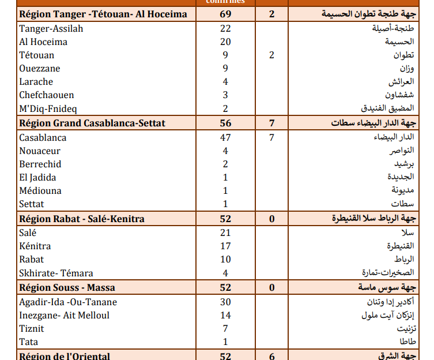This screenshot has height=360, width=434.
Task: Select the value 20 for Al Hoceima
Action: (x=225, y=42)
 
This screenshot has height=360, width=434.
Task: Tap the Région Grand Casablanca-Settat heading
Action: (x=92, y=123)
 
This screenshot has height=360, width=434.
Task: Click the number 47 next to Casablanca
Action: (x=225, y=137)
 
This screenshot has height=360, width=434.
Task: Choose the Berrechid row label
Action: (x=40, y=164)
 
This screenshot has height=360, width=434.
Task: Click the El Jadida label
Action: (x=37, y=177)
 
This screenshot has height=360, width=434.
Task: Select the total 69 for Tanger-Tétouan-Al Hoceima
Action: (x=225, y=14)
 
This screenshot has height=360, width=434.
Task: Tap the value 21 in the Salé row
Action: (x=225, y=232)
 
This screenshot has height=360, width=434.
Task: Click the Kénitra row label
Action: (x=35, y=246)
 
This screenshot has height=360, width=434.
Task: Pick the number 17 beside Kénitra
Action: (x=225, y=246)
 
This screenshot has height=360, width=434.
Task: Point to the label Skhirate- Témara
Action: (x=56, y=273)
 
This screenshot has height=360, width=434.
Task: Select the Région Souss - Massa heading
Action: (x=67, y=287)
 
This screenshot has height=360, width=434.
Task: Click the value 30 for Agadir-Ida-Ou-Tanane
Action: (x=225, y=302)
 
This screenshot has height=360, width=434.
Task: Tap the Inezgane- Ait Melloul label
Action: (x=64, y=315)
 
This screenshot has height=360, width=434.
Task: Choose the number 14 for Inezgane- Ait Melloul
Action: (x=225, y=315)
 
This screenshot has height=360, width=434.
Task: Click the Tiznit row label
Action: (x=32, y=328)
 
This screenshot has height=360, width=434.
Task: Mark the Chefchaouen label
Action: (x=46, y=95)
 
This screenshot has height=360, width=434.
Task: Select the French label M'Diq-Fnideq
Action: (x=48, y=108)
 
